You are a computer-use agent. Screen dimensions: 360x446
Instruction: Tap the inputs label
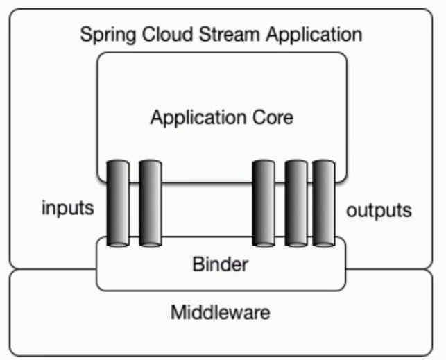pos(67,209)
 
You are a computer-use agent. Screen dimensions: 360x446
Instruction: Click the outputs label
pos(379,209)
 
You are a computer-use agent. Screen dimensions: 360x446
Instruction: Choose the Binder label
pos(220,264)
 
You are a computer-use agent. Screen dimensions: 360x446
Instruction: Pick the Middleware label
pos(220,313)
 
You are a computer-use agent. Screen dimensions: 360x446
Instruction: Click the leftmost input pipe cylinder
pos(118,203)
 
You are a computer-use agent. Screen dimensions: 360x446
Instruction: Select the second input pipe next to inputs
pos(151,203)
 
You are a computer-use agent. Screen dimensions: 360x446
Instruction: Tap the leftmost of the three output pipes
pos(264,203)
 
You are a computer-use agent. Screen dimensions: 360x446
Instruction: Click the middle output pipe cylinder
pos(296,203)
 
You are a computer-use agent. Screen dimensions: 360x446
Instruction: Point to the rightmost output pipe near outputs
pos(324,203)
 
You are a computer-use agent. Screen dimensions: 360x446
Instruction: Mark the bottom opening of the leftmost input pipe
pos(118,243)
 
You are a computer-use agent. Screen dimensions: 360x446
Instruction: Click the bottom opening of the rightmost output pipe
pos(324,243)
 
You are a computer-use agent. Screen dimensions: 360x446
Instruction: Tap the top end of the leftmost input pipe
pos(118,164)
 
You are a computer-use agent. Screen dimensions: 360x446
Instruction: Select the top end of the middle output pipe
pos(296,164)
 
